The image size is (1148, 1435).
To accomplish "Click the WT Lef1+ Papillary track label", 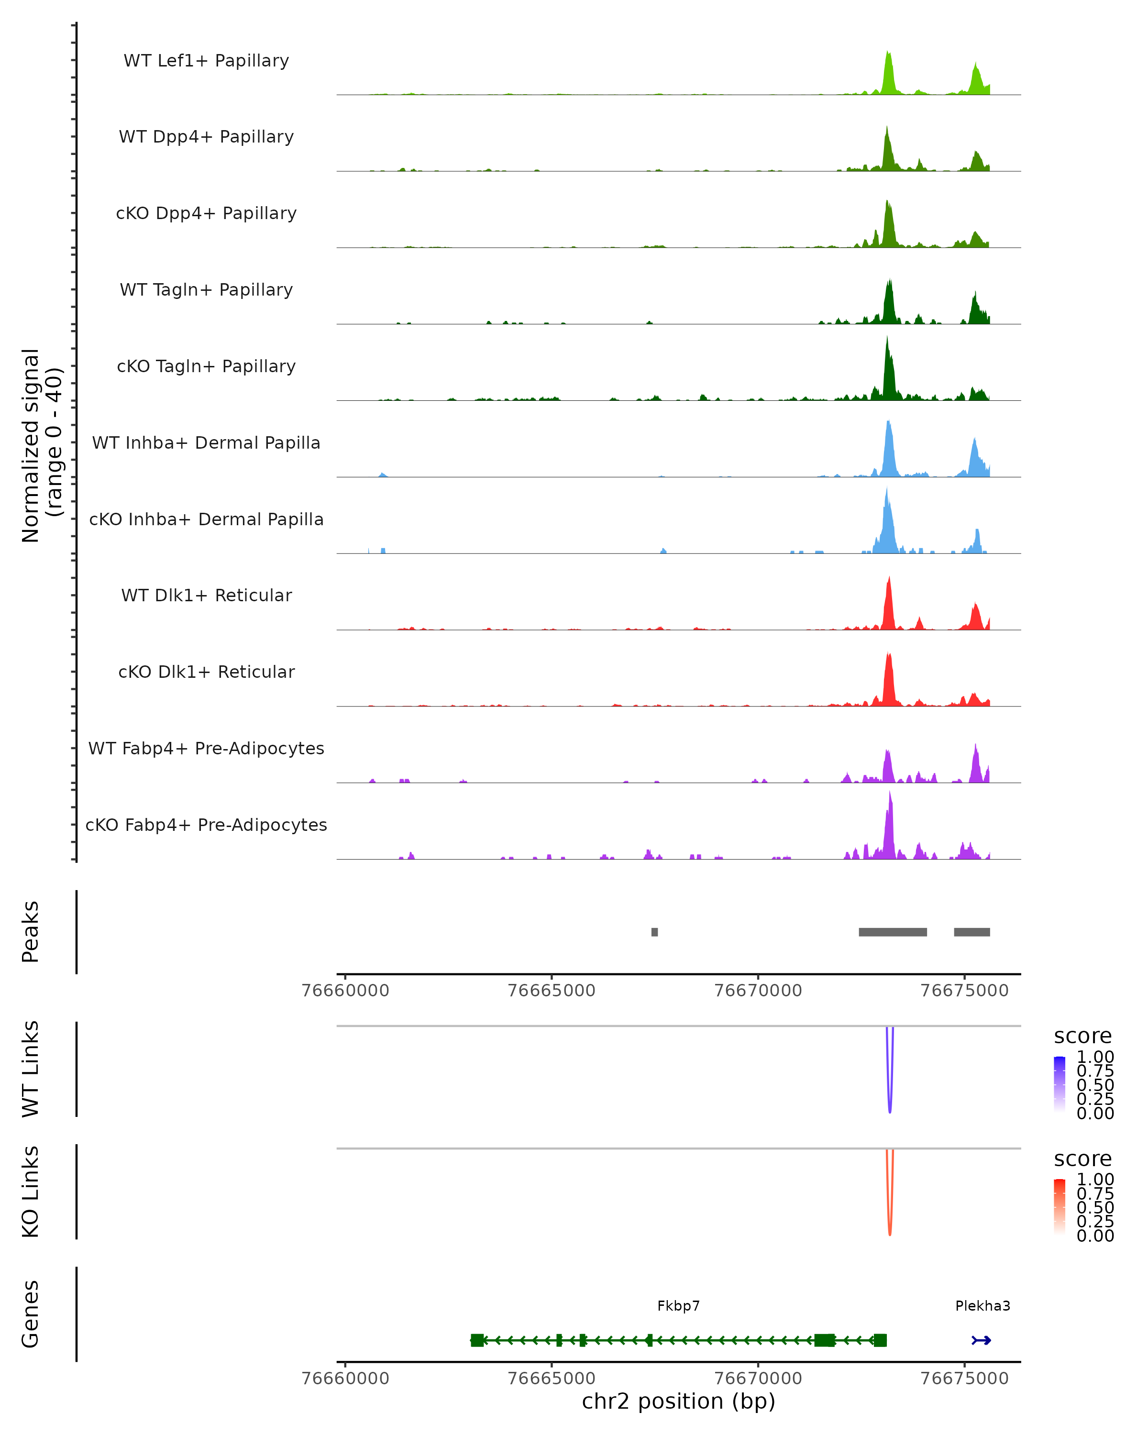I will click(x=206, y=61).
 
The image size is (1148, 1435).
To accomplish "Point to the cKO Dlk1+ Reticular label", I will click(x=206, y=672).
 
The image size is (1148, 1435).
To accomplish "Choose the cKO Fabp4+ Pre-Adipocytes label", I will click(x=206, y=825).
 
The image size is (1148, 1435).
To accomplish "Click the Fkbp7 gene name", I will click(x=678, y=1306).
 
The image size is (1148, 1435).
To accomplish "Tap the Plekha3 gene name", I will click(x=982, y=1306).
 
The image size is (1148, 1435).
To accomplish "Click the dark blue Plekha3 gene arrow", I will click(x=981, y=1340).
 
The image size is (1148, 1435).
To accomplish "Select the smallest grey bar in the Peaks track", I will click(x=654, y=932).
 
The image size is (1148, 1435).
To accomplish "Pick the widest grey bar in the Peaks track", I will click(x=893, y=932).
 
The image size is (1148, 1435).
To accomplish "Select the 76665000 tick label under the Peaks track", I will click(x=551, y=991).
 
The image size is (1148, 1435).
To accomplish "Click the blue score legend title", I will click(x=1082, y=1037).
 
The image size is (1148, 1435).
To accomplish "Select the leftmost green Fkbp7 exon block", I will click(x=477, y=1340).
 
